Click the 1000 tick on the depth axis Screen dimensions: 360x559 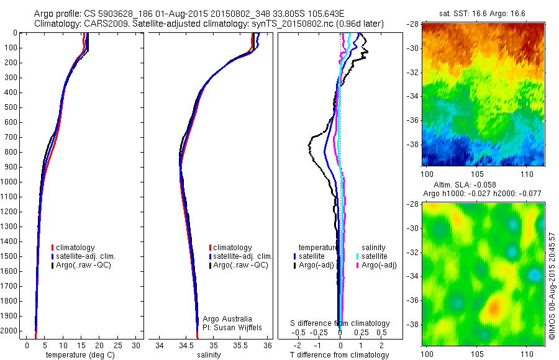coord(11,182)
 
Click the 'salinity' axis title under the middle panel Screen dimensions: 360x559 coord(213,355)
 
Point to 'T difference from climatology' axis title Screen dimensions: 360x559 coord(340,355)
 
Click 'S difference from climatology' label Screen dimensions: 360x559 coord(340,323)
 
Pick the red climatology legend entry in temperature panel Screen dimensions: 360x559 coord(75,248)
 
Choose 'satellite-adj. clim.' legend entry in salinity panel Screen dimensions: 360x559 coord(243,256)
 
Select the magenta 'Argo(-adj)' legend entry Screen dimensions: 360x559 coord(379,265)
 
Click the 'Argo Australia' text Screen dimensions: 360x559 coord(228,319)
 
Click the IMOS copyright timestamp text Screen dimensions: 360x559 coord(551,290)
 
